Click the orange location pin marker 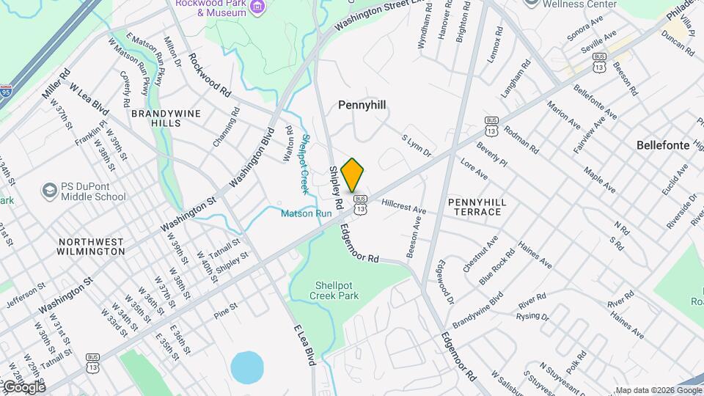[353, 175]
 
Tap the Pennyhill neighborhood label [362, 105]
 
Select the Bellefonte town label [663, 145]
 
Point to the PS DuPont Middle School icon [50, 191]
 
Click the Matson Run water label [306, 213]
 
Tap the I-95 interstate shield [7, 92]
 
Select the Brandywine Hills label [155, 119]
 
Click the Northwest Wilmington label [92, 246]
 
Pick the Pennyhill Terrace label [474, 206]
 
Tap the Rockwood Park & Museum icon [257, 7]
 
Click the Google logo [23, 386]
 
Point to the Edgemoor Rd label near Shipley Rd [359, 244]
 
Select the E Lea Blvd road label [304, 345]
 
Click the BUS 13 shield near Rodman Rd [491, 125]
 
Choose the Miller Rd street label [56, 84]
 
